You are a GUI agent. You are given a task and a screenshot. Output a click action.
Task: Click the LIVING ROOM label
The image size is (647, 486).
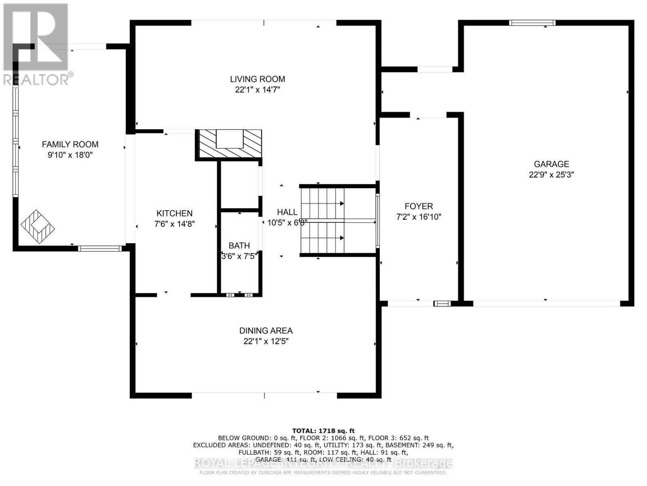point(258,79)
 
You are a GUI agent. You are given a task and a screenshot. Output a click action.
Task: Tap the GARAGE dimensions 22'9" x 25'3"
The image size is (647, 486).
point(551,175)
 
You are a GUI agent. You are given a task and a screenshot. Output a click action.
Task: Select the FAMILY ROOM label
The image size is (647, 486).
point(70,144)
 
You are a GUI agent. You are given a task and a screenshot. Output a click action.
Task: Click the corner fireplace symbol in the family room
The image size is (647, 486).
point(38,227)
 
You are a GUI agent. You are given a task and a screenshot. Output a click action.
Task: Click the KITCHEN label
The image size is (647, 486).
point(174,213)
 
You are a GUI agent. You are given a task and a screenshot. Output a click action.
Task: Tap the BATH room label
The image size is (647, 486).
point(239,245)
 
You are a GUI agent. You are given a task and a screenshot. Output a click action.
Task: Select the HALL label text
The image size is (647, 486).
point(287,212)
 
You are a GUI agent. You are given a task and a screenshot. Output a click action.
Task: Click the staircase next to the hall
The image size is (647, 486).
point(322,221)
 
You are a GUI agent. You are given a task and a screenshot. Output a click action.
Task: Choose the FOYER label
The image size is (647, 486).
point(419,206)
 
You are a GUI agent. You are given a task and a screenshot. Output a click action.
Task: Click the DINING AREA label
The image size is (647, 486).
point(266,330)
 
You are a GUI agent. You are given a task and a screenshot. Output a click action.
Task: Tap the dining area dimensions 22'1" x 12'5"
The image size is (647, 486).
point(266,341)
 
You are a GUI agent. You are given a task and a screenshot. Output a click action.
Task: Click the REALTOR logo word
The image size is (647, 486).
point(36,79)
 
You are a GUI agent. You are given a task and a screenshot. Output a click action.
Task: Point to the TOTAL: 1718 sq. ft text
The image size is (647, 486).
point(323,431)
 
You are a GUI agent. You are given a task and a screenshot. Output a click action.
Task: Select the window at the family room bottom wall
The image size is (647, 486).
point(99,248)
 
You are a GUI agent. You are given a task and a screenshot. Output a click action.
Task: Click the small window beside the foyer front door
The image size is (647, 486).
point(442,303)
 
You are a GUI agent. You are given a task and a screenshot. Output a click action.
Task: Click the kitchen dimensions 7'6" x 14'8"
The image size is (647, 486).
point(174,224)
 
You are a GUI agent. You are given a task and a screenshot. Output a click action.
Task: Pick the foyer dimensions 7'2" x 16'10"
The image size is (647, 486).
point(419,217)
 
